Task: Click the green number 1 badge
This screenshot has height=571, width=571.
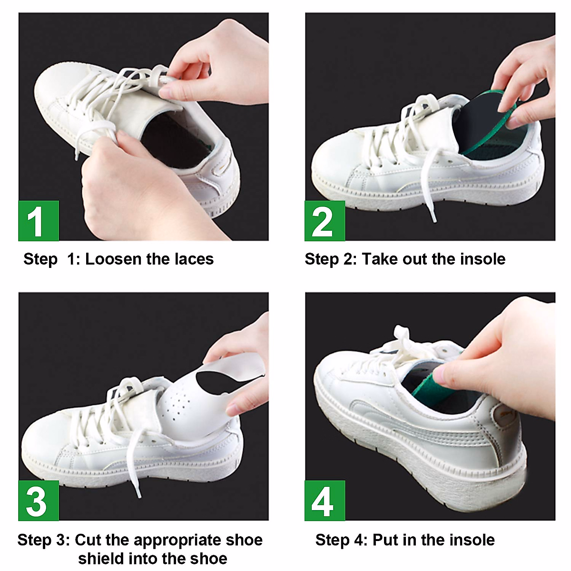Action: [x=39, y=221]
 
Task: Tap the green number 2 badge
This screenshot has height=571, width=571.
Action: [x=325, y=221]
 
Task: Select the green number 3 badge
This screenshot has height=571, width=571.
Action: [x=39, y=501]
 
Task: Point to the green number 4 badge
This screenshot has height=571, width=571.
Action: [x=325, y=501]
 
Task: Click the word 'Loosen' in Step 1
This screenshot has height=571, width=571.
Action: [x=113, y=259]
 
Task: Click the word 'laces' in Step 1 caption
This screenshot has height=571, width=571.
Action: [x=194, y=259]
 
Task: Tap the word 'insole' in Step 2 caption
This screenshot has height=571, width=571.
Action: [x=482, y=259]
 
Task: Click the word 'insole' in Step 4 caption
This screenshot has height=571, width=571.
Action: [x=472, y=540]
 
